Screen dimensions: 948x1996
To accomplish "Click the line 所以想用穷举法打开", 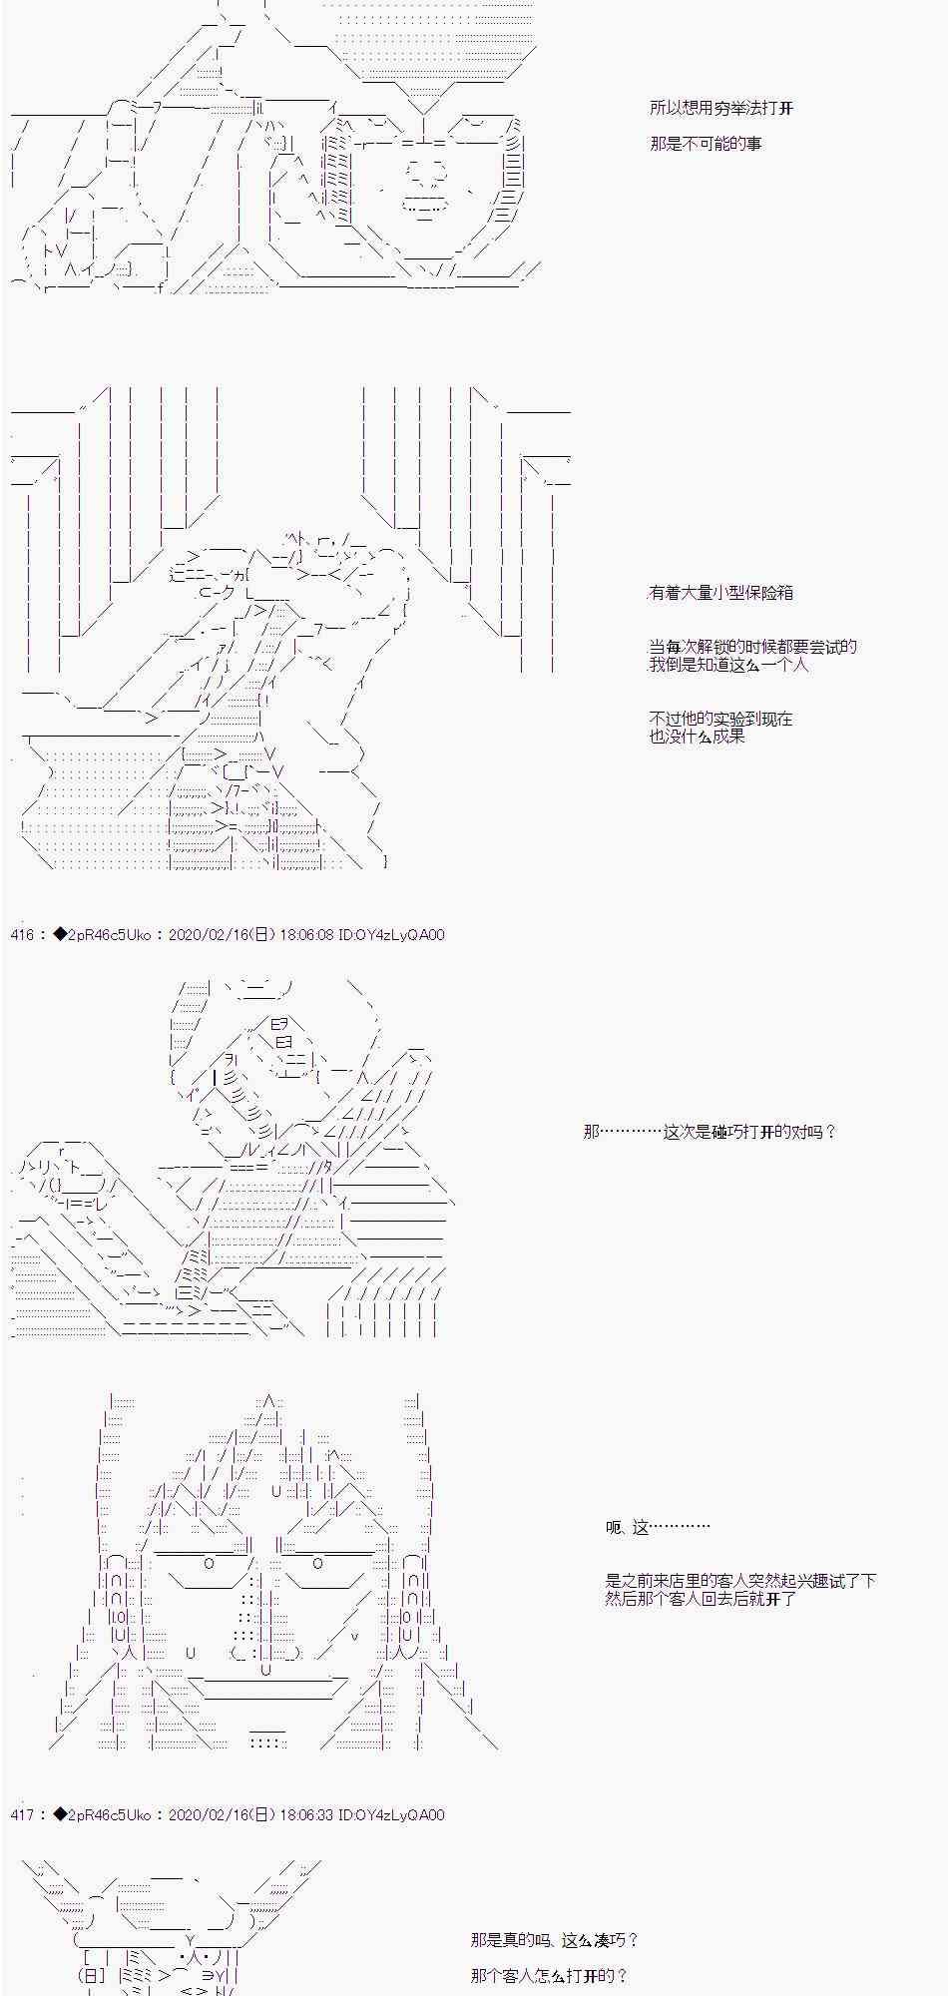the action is pyautogui.click(x=721, y=108).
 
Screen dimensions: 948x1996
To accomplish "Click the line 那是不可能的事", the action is pyautogui.click(x=706, y=144).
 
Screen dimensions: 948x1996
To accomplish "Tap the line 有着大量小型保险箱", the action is pyautogui.click(x=721, y=593).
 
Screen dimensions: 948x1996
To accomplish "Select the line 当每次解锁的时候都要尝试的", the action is pyautogui.click(x=753, y=647).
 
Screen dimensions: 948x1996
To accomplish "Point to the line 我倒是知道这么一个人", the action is pyautogui.click(x=729, y=665).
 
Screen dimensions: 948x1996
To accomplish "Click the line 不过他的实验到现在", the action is pyautogui.click(x=721, y=719).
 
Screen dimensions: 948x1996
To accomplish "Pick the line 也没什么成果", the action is pyautogui.click(x=698, y=737).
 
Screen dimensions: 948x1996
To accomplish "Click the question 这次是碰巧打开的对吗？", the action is pyautogui.click(x=749, y=1132).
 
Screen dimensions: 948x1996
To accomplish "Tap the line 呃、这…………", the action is pyautogui.click(x=659, y=1527).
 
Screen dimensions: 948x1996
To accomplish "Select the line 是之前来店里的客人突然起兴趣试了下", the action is pyautogui.click(x=740, y=1581).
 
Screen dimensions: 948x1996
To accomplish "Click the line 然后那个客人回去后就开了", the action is pyautogui.click(x=701, y=1599).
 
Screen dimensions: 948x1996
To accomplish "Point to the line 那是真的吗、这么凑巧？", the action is pyautogui.click(x=555, y=1940).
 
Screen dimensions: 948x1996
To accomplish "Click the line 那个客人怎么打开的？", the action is pyautogui.click(x=549, y=1976).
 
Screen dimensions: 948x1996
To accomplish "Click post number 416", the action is pyautogui.click(x=22, y=935).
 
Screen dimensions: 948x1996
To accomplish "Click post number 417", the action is pyautogui.click(x=22, y=1815).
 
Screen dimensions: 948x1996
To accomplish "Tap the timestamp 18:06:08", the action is pyautogui.click(x=306, y=935).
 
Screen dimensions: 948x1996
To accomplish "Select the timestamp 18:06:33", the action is pyautogui.click(x=306, y=1815).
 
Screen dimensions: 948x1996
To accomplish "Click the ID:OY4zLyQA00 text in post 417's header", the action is pyautogui.click(x=392, y=1815).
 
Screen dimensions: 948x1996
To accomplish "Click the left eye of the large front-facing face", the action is pyautogui.click(x=209, y=1564).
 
